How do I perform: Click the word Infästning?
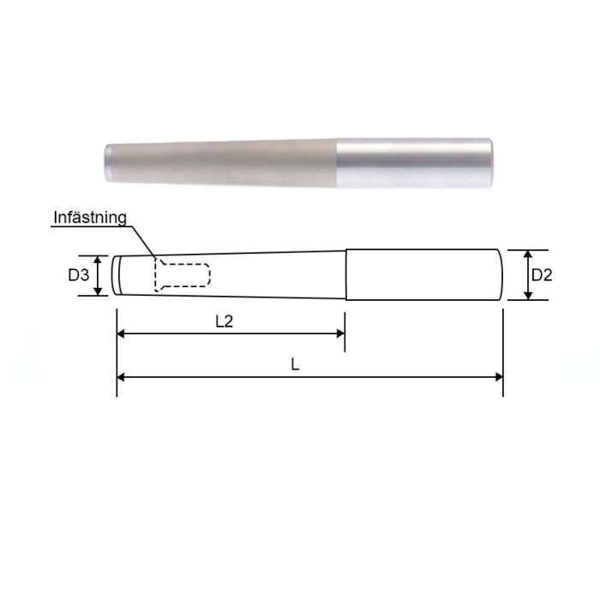click(x=89, y=217)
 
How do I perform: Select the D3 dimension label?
click(x=79, y=275)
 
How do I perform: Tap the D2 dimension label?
click(x=542, y=275)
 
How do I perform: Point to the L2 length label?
click(x=224, y=321)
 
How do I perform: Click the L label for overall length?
click(x=295, y=364)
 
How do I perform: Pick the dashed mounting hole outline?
click(x=182, y=275)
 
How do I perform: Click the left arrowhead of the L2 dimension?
click(x=121, y=334)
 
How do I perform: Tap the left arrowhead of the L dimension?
click(x=121, y=376)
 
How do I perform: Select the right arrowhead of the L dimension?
click(x=498, y=376)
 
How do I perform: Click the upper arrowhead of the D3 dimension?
click(x=99, y=259)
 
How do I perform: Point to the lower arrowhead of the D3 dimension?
click(x=99, y=291)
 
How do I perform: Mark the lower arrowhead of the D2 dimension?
click(x=528, y=296)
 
